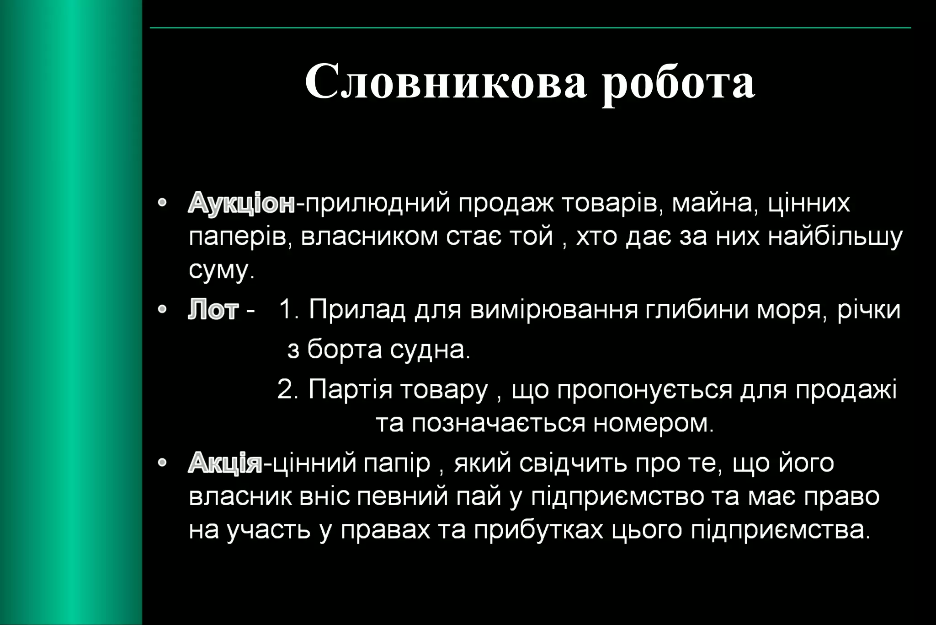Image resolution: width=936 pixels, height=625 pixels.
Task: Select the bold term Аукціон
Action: tap(241, 203)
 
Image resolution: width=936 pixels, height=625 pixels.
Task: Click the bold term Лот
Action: tap(213, 310)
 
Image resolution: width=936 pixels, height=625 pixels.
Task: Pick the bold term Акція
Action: tap(225, 463)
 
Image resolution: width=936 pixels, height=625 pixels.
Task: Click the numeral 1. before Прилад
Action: tap(288, 310)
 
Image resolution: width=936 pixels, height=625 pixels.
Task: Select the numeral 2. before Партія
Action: tap(287, 389)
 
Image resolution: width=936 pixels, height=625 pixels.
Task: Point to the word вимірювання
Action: tap(554, 310)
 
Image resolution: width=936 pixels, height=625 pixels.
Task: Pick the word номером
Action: tap(653, 423)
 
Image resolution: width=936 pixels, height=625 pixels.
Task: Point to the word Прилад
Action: tap(357, 310)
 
